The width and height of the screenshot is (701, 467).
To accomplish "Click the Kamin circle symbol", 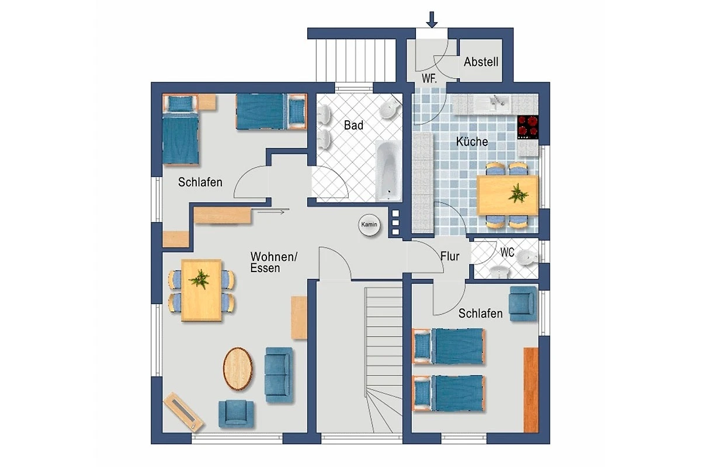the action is pyautogui.click(x=369, y=225).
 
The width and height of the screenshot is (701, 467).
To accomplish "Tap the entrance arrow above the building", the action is pyautogui.click(x=432, y=20).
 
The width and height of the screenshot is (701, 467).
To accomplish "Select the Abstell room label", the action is pyautogui.click(x=481, y=62).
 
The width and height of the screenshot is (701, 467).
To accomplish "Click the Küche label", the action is pyautogui.click(x=472, y=142).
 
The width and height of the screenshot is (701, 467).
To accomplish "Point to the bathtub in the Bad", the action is pyautogui.click(x=388, y=170).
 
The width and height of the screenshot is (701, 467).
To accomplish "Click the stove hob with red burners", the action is pyautogui.click(x=528, y=127).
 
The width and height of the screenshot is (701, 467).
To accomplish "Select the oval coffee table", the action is pyautogui.click(x=238, y=369).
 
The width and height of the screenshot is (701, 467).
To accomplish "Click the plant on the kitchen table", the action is pyautogui.click(x=518, y=193).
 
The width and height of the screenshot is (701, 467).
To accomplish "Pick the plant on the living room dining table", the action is pyautogui.click(x=199, y=278).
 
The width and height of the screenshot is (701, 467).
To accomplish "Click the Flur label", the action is pyautogui.click(x=450, y=256).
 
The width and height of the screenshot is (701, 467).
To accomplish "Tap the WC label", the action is pyautogui.click(x=507, y=252).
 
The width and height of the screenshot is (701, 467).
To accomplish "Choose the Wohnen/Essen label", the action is pyautogui.click(x=274, y=263).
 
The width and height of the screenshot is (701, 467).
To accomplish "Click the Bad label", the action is pyautogui.click(x=353, y=126).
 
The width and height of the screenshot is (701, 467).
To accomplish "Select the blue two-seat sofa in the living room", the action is pyautogui.click(x=279, y=375).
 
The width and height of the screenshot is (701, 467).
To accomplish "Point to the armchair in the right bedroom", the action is pyautogui.click(x=522, y=304).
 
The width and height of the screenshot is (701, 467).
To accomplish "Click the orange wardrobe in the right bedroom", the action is pyautogui.click(x=531, y=390).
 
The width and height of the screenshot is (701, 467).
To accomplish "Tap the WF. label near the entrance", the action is pyautogui.click(x=429, y=78).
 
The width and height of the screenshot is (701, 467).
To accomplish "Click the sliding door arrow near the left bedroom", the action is pyautogui.click(x=271, y=212).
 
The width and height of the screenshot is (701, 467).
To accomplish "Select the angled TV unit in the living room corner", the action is pyautogui.click(x=183, y=411).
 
